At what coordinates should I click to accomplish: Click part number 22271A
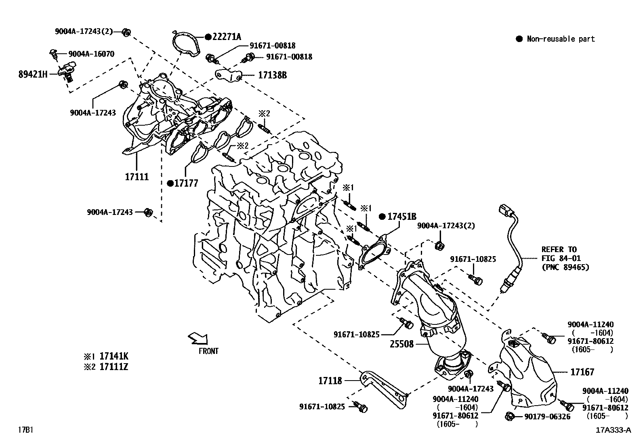pos(227,37)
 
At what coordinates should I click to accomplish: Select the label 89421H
pos(33,74)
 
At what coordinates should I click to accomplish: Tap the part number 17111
pos(137,177)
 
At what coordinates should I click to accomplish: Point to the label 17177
pos(186,183)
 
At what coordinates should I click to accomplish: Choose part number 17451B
pos(402,217)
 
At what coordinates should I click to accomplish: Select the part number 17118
pos(330,380)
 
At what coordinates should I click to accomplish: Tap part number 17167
pos(582,372)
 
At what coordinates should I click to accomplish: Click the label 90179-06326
pos(544,416)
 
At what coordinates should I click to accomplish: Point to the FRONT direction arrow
pos(198,338)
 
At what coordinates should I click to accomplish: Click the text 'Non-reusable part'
pos(561,39)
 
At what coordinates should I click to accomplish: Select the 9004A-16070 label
pos(91,54)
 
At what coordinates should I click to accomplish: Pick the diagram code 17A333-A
pos(613,430)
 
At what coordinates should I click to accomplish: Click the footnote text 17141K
pos(114,356)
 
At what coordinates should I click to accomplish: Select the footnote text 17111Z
pos(114,367)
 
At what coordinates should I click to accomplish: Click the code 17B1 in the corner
pos(25,430)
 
